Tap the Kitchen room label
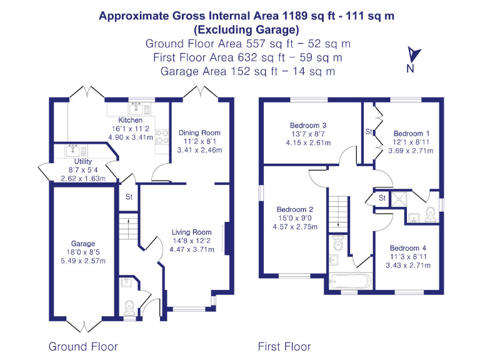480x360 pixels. (x=131, y=120)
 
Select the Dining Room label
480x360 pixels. (x=199, y=132)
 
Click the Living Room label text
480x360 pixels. (x=192, y=232)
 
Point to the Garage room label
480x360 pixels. (x=82, y=244)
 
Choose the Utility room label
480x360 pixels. (x=79, y=161)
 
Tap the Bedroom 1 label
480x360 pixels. (x=411, y=133)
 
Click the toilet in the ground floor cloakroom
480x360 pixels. (x=129, y=307)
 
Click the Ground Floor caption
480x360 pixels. (x=83, y=346)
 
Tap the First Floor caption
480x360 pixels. (x=284, y=346)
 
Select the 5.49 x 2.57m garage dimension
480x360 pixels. (x=82, y=261)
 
